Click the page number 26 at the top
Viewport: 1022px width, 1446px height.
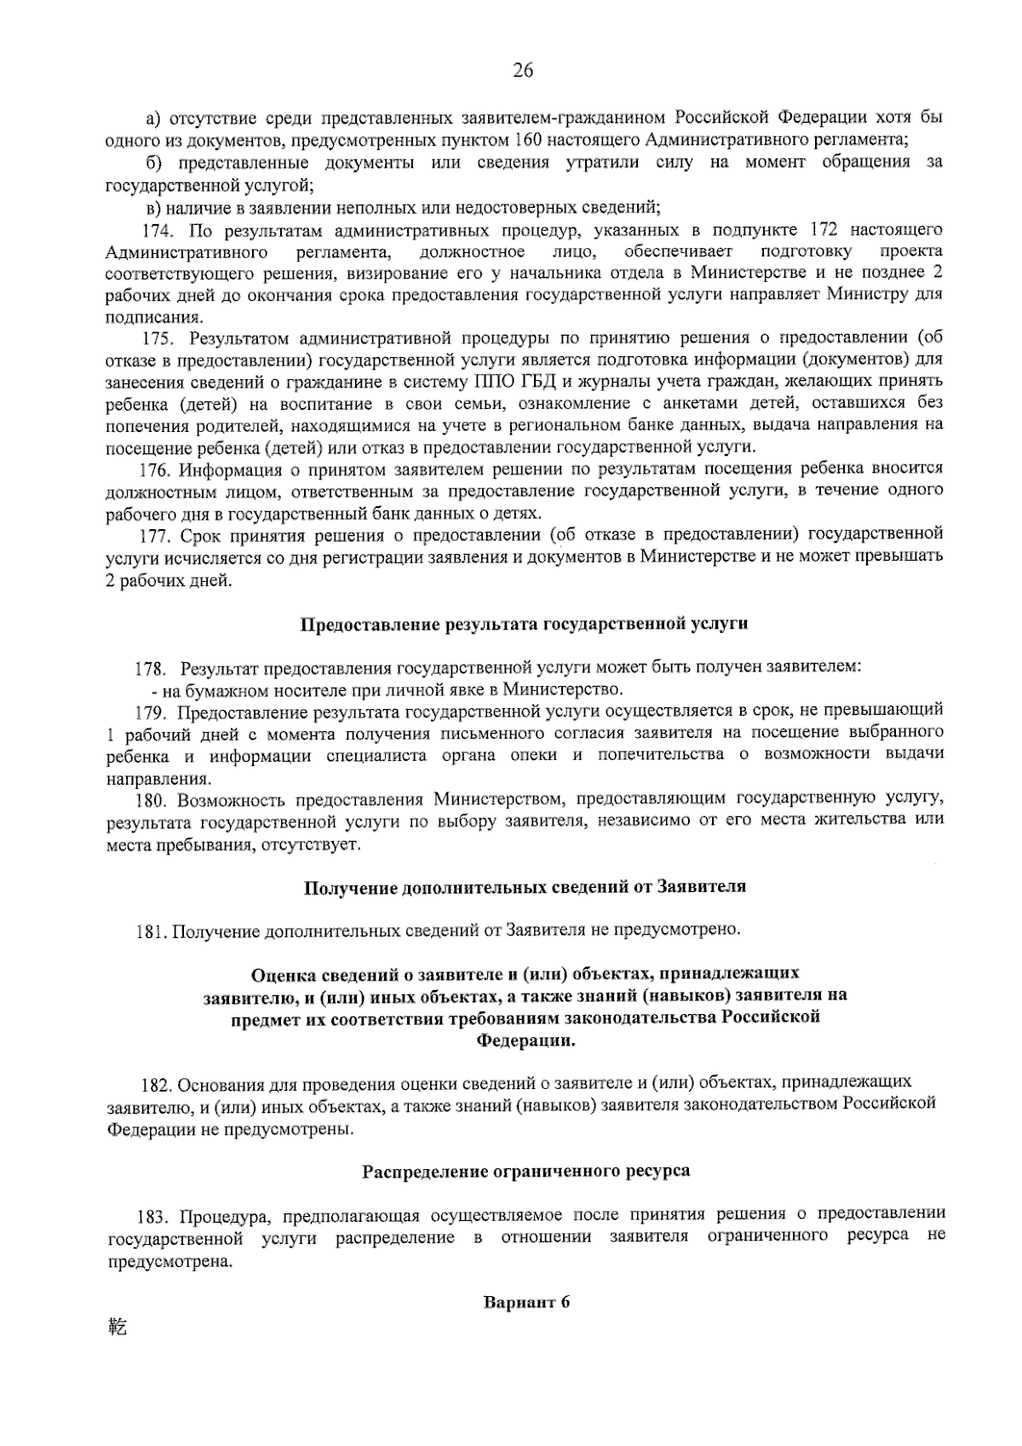point(522,72)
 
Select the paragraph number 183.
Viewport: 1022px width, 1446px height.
point(157,1214)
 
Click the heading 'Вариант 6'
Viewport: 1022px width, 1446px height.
point(525,1303)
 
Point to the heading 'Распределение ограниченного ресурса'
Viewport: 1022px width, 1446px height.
point(526,1171)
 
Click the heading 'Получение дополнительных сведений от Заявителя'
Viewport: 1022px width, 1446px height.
point(525,887)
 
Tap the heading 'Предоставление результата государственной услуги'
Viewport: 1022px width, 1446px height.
point(525,624)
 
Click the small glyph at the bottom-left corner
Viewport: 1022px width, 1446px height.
point(117,1327)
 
